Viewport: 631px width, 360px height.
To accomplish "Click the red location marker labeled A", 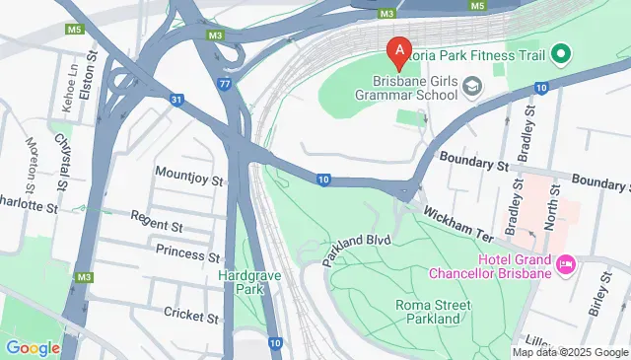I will pos(397,49).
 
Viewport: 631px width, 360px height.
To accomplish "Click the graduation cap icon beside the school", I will pos(473,88).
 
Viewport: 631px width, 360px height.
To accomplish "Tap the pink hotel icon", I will pos(566,263).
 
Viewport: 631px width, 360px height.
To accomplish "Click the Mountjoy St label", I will pos(189,181).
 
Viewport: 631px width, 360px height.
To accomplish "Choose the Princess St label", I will pos(185,253).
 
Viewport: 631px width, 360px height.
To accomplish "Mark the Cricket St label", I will pos(190,317).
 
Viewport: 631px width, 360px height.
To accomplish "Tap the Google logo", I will pos(34,347).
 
